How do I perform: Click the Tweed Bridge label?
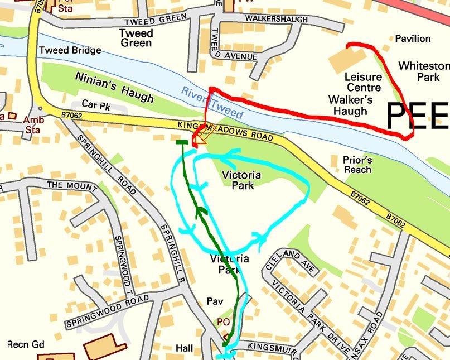click(x=70, y=51)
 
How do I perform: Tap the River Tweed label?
click(x=211, y=103)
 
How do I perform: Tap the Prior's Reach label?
click(x=358, y=165)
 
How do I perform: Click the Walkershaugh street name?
click(x=277, y=20)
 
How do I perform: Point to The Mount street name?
click(x=65, y=185)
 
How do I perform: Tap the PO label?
click(x=222, y=322)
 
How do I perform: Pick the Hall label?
click(x=184, y=348)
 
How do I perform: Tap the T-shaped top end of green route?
click(x=181, y=143)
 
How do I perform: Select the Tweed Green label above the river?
click(x=136, y=38)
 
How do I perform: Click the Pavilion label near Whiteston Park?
click(x=413, y=39)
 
